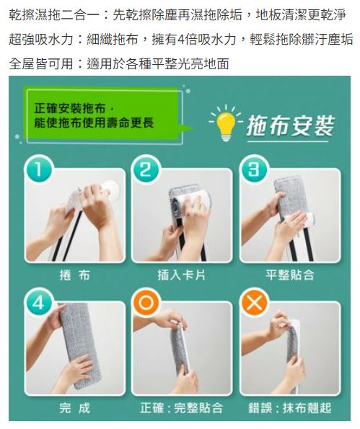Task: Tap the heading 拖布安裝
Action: [290, 126]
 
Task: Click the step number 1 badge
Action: [38, 169]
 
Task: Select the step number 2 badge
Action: [145, 169]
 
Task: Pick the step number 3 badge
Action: [253, 169]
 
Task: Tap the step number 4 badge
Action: [38, 302]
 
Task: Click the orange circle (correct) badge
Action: [145, 302]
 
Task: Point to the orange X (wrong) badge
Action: [253, 302]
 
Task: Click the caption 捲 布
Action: [75, 275]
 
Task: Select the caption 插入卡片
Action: [182, 275]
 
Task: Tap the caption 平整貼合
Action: [289, 275]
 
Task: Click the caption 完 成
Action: [75, 408]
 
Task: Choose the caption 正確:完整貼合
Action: [182, 408]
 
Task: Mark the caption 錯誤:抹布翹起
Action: [289, 408]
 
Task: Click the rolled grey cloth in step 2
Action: [175, 203]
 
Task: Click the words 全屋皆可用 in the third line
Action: [41, 63]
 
